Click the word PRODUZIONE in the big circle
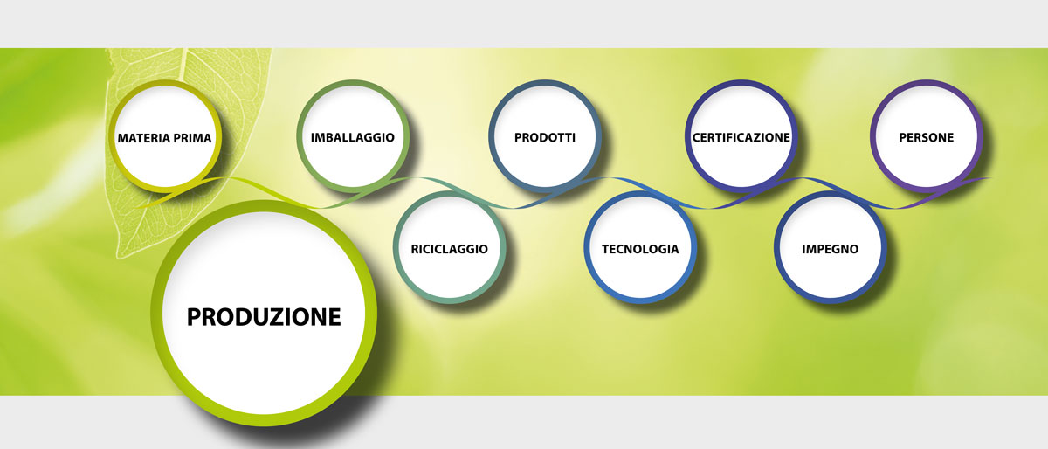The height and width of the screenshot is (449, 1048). pyautogui.click(x=264, y=316)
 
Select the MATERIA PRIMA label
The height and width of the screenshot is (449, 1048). pyautogui.click(x=164, y=138)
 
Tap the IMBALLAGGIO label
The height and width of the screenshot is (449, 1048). pyautogui.click(x=352, y=138)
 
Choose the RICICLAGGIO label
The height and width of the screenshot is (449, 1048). pyautogui.click(x=449, y=249)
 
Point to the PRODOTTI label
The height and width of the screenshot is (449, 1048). pyautogui.click(x=544, y=138)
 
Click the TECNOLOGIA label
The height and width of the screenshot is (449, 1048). pyautogui.click(x=640, y=249)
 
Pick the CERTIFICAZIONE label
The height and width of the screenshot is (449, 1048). pyautogui.click(x=741, y=138)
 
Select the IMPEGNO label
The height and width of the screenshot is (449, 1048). pyautogui.click(x=830, y=249)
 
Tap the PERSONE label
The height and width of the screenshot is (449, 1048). pyautogui.click(x=926, y=138)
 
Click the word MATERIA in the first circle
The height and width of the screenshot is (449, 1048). pyautogui.click(x=141, y=138)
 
